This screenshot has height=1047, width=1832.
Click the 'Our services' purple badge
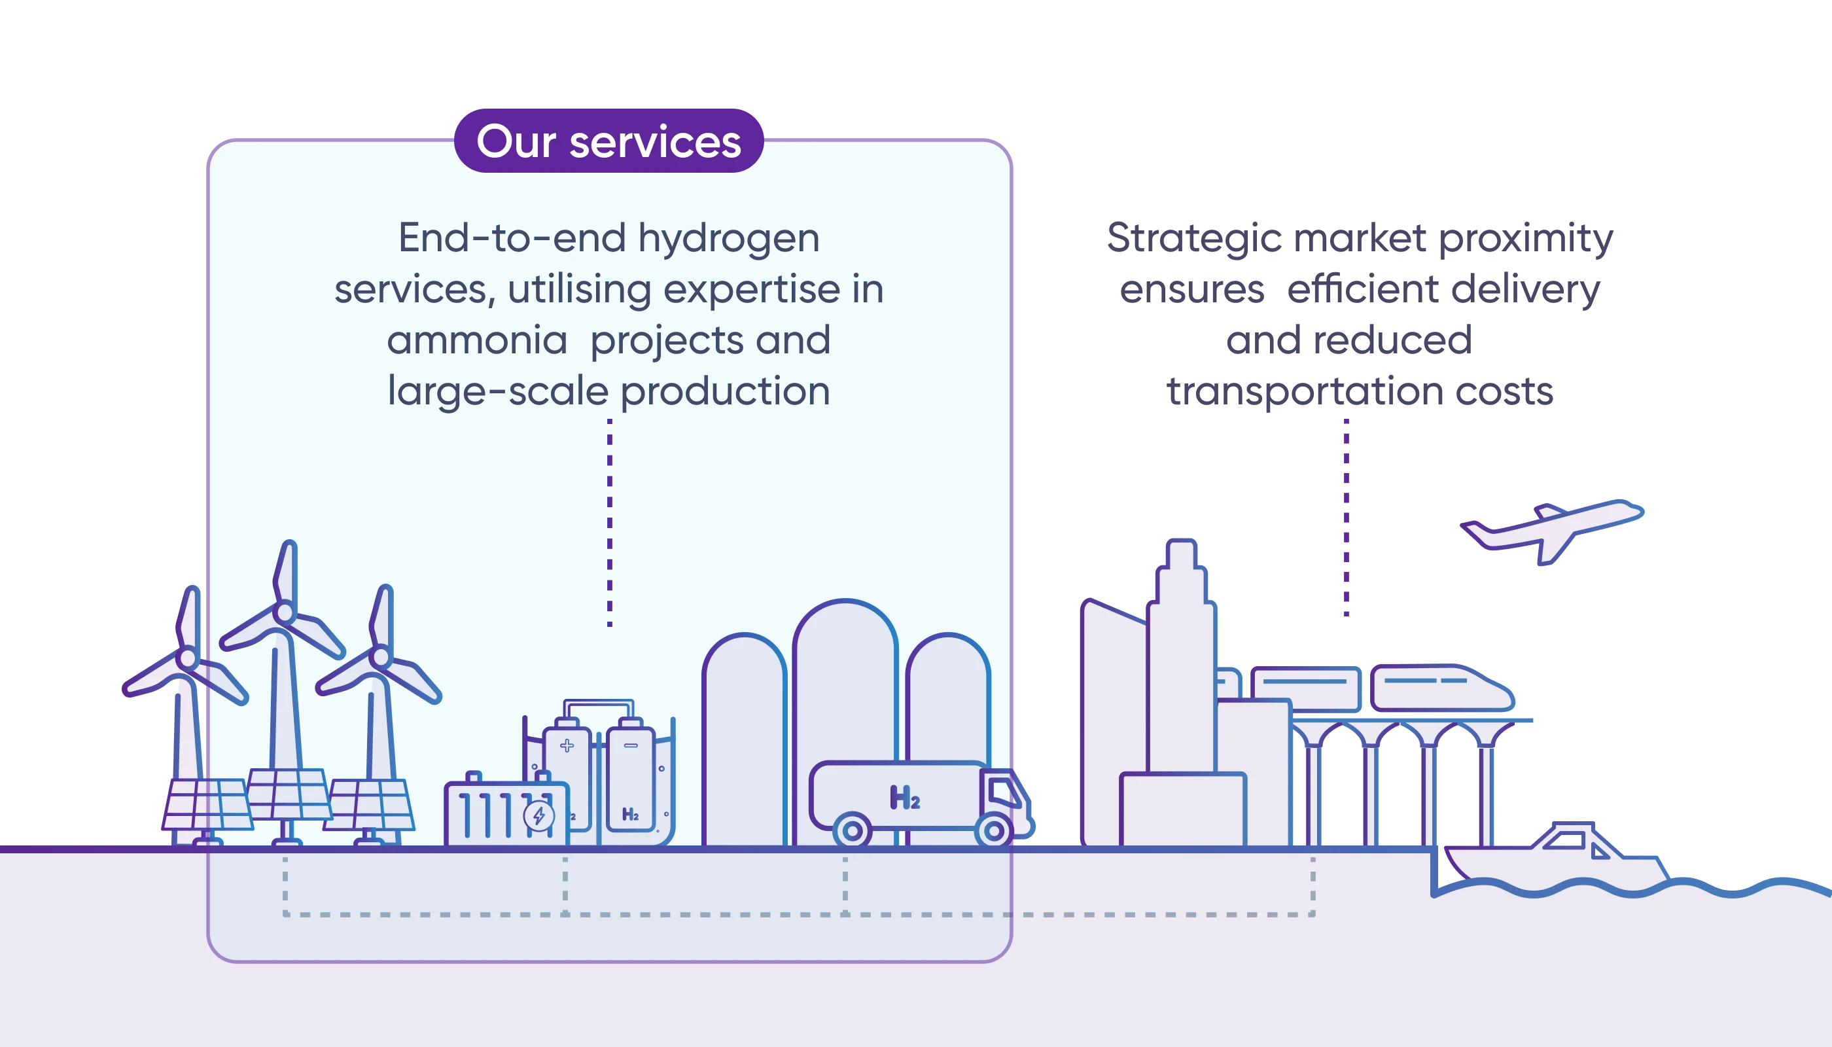(608, 141)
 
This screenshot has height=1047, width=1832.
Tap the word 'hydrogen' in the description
(728, 239)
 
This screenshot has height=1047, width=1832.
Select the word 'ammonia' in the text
(477, 341)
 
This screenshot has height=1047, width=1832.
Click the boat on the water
(1560, 859)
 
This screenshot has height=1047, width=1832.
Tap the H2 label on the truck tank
(904, 798)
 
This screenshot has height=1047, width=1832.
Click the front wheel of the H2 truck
(994, 831)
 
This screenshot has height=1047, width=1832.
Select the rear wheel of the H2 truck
(852, 831)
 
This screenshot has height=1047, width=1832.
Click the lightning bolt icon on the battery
(538, 816)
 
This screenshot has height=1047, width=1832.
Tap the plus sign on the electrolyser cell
(567, 746)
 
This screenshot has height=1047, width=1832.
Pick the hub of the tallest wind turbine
(284, 613)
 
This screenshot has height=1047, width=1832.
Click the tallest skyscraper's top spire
(1181, 554)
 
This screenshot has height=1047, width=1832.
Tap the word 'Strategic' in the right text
(1193, 239)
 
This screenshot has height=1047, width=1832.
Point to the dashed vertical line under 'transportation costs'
(1345, 518)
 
